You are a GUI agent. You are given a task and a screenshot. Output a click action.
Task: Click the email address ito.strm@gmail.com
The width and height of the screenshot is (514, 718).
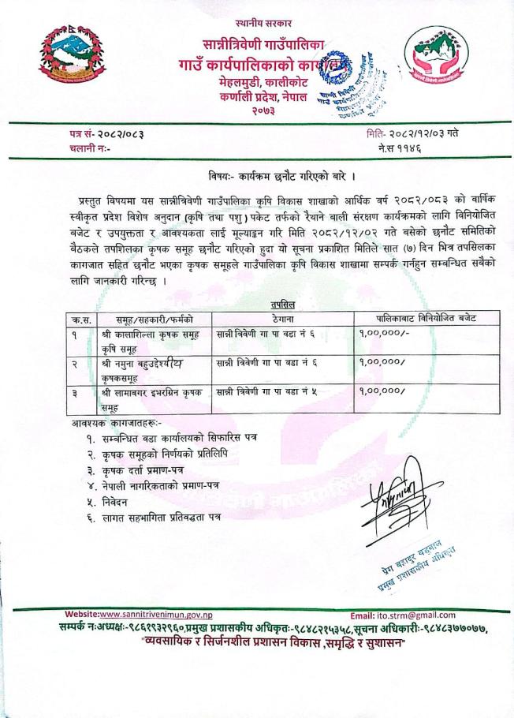tap(418, 615)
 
